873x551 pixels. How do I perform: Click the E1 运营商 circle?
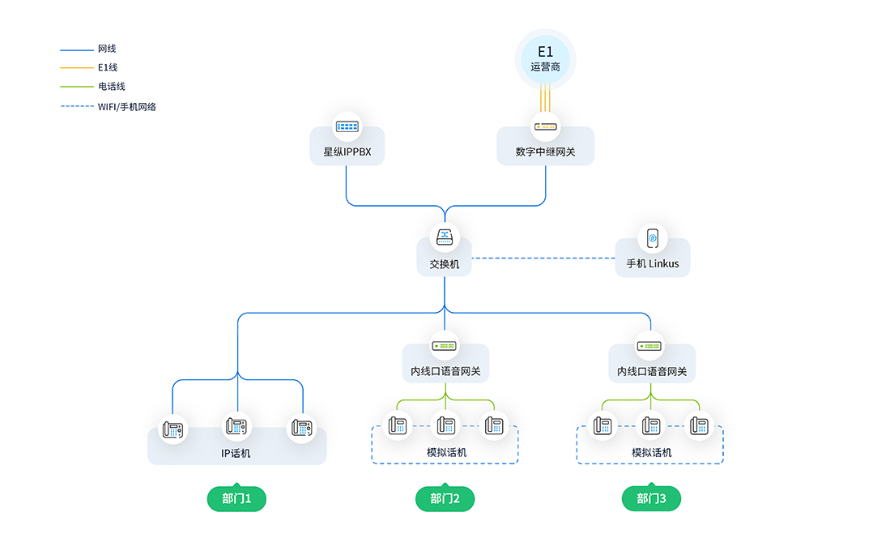pos(545,59)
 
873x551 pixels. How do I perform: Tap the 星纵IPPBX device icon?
pos(347,126)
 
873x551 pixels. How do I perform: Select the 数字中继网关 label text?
pos(545,152)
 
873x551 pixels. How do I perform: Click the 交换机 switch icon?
pos(445,237)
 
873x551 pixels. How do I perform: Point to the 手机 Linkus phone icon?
pos(653,238)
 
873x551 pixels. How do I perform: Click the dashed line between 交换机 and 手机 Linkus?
pos(543,258)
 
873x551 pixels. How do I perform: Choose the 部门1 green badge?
pos(236,498)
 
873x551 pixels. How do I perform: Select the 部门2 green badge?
pos(445,498)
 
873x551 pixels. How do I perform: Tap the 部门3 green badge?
pos(651,498)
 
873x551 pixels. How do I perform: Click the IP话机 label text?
pos(236,453)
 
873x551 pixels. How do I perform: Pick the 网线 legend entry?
pos(88,49)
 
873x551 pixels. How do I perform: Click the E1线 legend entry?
pos(88,67)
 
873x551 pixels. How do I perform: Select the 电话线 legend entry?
pos(92,87)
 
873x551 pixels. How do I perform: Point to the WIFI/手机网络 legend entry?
pos(108,106)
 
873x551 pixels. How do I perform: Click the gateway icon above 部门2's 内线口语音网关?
pos(445,346)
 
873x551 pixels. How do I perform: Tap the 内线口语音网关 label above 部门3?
pos(651,371)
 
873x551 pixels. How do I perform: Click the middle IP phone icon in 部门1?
pos(236,427)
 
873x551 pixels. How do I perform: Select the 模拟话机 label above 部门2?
pos(446,452)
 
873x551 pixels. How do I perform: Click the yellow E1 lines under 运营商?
pos(545,98)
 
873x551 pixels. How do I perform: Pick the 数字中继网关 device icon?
pos(545,126)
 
